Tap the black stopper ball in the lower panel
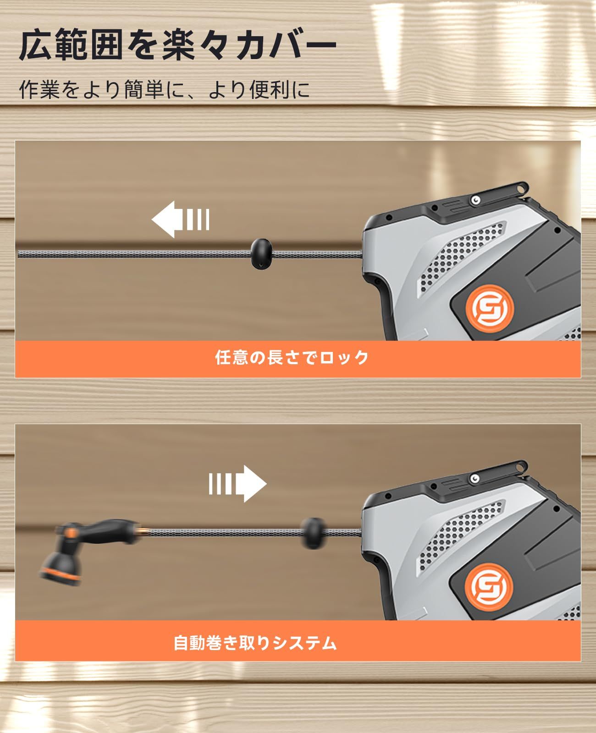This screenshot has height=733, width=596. point(313,533)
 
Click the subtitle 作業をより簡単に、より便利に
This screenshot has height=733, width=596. point(164,89)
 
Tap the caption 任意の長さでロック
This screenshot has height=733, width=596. point(292,358)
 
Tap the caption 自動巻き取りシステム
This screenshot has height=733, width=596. point(255,643)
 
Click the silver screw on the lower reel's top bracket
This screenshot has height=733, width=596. point(476,479)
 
